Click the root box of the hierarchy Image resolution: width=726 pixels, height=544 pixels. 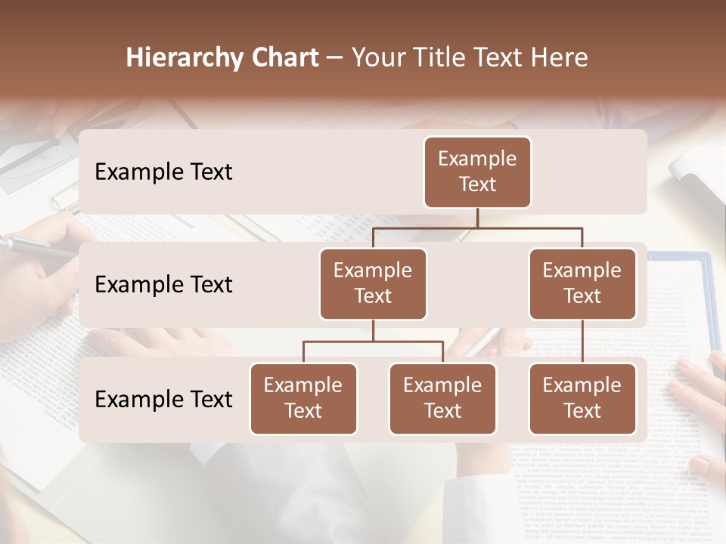pyautogui.click(x=477, y=172)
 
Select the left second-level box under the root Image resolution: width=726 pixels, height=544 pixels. pyautogui.click(x=373, y=283)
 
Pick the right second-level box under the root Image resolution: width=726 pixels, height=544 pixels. pyautogui.click(x=582, y=283)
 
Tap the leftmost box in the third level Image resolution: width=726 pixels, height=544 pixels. pyautogui.click(x=303, y=398)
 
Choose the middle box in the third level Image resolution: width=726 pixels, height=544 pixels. pyautogui.click(x=442, y=398)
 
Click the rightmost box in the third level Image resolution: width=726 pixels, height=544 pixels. pyautogui.click(x=582, y=398)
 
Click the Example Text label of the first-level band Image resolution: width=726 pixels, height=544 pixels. pyautogui.click(x=163, y=172)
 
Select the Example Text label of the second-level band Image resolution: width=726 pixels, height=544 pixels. pyautogui.click(x=163, y=284)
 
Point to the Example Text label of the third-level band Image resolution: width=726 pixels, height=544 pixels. pyautogui.click(x=163, y=399)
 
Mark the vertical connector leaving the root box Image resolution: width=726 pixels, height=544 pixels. pyautogui.click(x=477, y=218)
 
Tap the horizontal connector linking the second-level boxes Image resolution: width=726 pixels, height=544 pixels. pyautogui.click(x=477, y=227)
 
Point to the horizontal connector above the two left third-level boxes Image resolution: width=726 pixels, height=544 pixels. pyautogui.click(x=373, y=342)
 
